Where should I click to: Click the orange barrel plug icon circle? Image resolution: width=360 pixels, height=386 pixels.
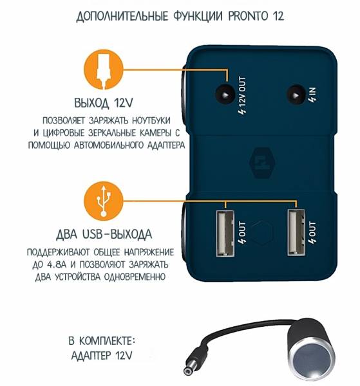click(x=104, y=69)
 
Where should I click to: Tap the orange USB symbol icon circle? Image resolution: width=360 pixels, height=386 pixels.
click(x=104, y=201)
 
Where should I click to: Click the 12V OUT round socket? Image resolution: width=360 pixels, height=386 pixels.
click(x=225, y=94)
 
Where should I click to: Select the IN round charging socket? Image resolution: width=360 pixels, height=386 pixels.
click(x=296, y=94)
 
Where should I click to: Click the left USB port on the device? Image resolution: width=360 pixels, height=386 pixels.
click(x=225, y=234)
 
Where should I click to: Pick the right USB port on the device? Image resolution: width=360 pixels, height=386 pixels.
click(x=296, y=234)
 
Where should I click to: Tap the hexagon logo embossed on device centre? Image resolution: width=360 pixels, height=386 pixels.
click(x=262, y=163)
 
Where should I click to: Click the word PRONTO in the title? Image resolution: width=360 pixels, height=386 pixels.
click(x=248, y=16)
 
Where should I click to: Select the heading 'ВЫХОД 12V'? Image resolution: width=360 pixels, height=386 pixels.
click(x=104, y=103)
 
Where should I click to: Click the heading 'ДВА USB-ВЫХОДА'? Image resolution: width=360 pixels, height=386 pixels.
click(x=104, y=234)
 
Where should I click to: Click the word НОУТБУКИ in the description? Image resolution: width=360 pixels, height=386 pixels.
click(x=151, y=121)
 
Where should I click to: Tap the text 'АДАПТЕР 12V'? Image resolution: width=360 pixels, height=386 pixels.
click(x=102, y=356)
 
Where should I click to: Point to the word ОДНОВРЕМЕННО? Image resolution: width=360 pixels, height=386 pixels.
click(x=135, y=277)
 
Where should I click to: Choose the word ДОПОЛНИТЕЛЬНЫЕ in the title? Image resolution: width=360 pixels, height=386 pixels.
click(x=122, y=17)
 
